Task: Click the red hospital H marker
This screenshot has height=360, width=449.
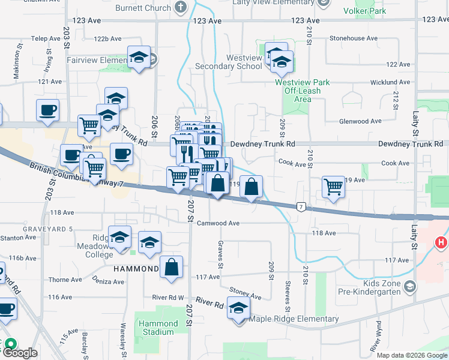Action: tap(441, 243)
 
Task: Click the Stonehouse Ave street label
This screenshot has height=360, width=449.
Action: tap(354, 38)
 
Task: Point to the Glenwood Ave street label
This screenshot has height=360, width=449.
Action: tap(360, 121)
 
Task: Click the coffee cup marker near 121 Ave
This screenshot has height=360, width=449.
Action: tap(47, 110)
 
